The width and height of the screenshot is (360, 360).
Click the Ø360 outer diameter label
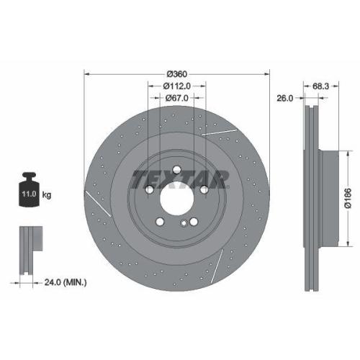(x=177, y=75)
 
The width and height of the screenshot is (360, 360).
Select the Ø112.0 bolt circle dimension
(x=177, y=86)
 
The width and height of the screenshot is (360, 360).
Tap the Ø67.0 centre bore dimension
(x=177, y=98)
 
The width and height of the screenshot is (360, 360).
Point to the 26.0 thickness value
(x=285, y=99)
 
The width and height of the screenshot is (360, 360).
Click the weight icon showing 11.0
(x=30, y=191)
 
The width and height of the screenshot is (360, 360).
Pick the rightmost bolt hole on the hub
(x=205, y=189)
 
